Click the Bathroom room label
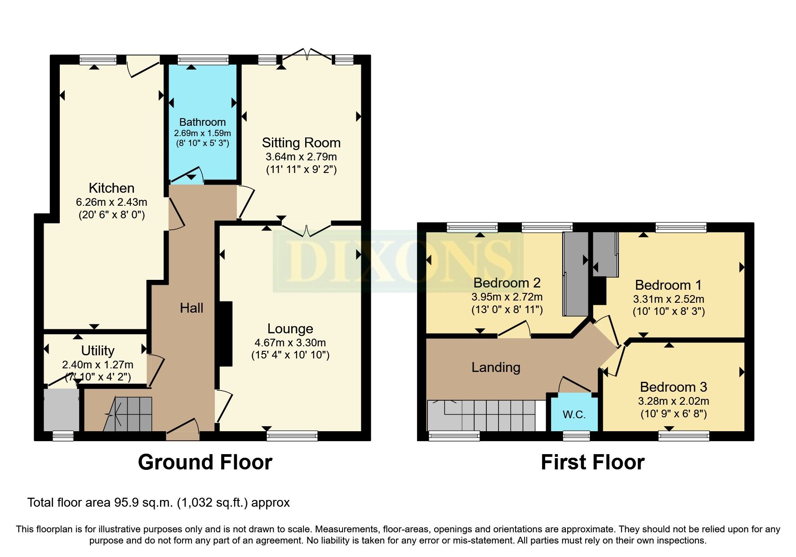(x=202, y=122)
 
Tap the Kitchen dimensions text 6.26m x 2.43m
(x=111, y=202)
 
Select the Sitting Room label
(x=301, y=143)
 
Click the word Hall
(x=191, y=308)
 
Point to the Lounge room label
(x=290, y=329)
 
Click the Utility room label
(x=98, y=350)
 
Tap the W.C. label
(x=574, y=415)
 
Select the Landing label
(x=495, y=367)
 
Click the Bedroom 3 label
(x=673, y=387)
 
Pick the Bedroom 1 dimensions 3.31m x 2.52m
(x=668, y=299)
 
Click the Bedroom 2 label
(x=507, y=283)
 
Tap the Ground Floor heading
(x=205, y=462)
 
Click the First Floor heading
(x=592, y=462)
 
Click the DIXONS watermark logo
(x=397, y=261)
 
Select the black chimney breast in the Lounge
(x=226, y=334)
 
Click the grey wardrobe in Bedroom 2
(x=576, y=274)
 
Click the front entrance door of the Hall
(x=183, y=429)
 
